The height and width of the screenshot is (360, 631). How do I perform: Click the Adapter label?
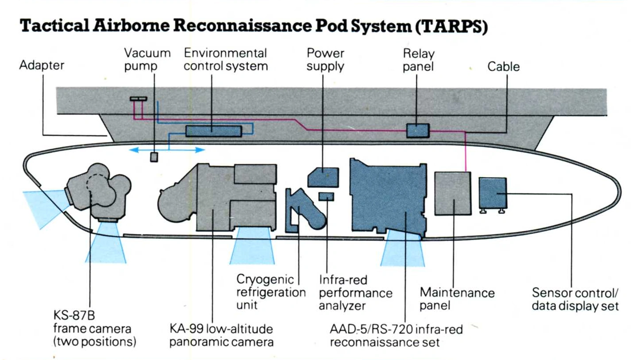tap(42, 66)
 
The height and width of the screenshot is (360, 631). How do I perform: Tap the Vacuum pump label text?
tap(147, 60)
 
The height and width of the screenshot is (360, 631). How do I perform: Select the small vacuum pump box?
tap(154, 157)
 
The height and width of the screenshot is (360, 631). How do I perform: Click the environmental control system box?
tap(213, 131)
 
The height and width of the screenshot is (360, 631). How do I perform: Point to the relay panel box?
tap(418, 130)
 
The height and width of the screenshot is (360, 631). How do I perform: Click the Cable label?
tap(503, 67)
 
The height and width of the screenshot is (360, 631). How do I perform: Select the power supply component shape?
tap(323, 178)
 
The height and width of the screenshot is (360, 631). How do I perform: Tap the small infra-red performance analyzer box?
tap(326, 196)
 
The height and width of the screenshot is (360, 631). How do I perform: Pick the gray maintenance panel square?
tap(452, 193)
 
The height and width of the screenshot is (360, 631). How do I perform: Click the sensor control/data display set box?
tap(493, 193)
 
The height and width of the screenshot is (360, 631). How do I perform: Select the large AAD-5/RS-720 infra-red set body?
tap(388, 195)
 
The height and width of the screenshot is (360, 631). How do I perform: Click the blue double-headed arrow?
tap(167, 150)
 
